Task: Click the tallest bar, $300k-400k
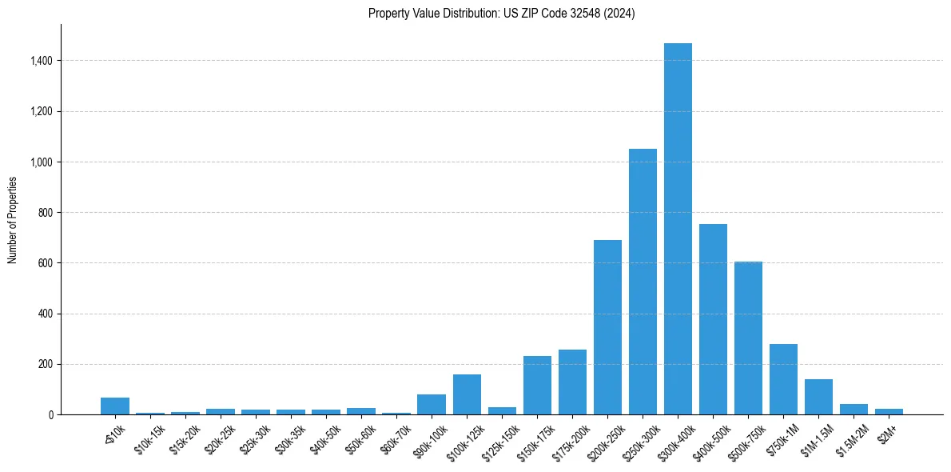pos(678,229)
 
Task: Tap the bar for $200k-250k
pos(607,327)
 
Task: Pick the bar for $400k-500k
pos(713,319)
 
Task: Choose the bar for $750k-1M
pos(783,379)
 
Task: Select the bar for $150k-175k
pos(537,385)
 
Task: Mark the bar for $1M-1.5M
pos(818,397)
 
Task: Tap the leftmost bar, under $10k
pos(115,406)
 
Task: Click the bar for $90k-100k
pos(432,404)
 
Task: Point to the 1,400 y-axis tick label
pos(42,61)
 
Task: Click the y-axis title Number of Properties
pos(12,220)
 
